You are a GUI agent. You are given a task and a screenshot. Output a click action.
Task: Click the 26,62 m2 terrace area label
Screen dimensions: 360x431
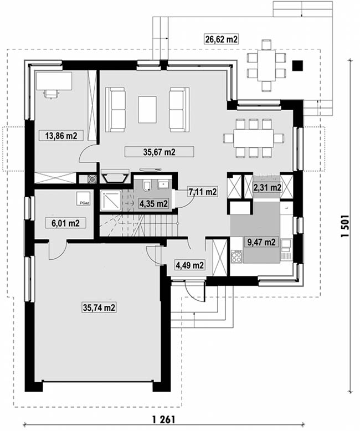pos(221,39)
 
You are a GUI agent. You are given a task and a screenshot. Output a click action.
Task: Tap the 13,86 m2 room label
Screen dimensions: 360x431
pos(61,136)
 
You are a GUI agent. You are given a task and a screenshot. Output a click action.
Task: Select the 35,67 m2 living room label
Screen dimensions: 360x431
pos(159,152)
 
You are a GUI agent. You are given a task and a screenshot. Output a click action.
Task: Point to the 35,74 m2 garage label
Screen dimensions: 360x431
pos(99,307)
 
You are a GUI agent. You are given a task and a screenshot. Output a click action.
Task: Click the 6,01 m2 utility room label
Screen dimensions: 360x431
pos(65,223)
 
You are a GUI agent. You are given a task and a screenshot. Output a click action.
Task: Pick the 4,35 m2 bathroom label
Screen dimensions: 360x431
pos(153,204)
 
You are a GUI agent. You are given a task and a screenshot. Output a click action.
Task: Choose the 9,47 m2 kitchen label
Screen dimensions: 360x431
pos(261,242)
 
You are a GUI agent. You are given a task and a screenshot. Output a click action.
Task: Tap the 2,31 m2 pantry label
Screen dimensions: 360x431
pos(267,188)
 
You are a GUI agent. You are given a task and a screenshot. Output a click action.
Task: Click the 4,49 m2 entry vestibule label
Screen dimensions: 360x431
pos(189,265)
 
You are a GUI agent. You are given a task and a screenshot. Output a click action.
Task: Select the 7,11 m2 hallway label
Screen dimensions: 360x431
pos(203,192)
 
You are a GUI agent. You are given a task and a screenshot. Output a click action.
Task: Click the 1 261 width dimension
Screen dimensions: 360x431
pos(163,419)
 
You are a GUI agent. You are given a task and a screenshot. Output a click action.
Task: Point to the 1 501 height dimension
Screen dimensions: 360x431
pos(344,226)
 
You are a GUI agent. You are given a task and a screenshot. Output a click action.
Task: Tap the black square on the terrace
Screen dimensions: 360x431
pos(297,66)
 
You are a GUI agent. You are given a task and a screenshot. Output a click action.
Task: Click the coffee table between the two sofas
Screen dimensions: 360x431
pos(147,110)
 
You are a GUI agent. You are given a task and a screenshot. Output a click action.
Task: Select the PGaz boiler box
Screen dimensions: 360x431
pos(84,198)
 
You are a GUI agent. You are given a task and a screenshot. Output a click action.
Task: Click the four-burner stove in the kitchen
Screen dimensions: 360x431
pos(236,256)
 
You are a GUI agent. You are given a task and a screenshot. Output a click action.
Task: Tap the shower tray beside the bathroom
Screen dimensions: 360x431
pos(110,201)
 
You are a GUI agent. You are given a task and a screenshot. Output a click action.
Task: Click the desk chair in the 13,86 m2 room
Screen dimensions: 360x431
pos(52,94)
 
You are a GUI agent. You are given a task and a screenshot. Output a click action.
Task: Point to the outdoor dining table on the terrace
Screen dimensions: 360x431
pos(266,65)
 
